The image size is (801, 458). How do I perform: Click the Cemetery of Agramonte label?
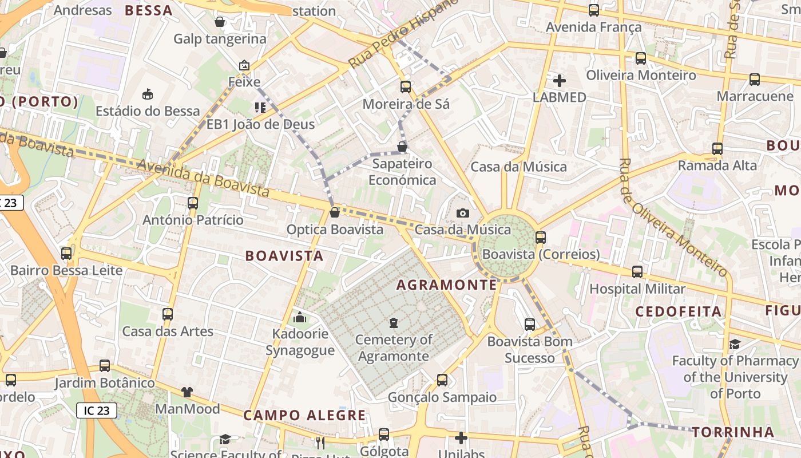[393, 348]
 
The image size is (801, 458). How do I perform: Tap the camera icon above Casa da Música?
[463, 214]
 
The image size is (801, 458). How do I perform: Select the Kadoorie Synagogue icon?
[299, 317]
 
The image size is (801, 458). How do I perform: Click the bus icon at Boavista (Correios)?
[541, 237]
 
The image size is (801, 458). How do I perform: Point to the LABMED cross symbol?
[560, 81]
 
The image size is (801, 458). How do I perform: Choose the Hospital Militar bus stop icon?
[637, 272]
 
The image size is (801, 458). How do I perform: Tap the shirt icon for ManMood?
[187, 392]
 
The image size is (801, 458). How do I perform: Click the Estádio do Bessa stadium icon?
[148, 94]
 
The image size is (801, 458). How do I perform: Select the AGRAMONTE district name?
[447, 285]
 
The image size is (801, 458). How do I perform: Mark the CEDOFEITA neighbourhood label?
[679, 311]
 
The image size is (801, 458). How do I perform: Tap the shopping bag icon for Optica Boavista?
[335, 212]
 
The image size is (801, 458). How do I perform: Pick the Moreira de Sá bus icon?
[406, 87]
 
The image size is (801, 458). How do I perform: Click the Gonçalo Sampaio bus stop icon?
[442, 380]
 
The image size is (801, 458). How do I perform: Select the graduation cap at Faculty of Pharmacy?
[735, 344]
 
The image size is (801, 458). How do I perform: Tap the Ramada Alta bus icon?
[717, 149]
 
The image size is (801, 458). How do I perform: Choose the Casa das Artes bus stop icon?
[168, 314]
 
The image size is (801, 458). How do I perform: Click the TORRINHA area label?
[733, 432]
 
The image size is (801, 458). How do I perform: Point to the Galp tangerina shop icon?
[220, 22]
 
